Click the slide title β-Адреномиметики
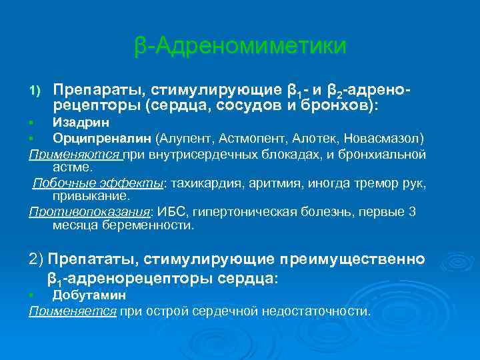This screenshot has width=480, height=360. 240,46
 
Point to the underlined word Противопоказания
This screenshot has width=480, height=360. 90,212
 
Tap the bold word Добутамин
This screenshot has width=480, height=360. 89,295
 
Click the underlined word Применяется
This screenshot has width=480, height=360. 73,311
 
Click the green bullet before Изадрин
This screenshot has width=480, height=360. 31,123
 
